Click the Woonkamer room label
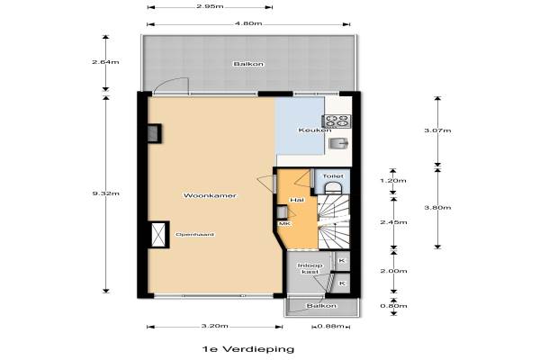tap(210, 195)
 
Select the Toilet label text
tap(333, 176)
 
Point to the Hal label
tap(297, 200)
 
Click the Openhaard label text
tap(195, 235)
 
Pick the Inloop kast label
tap(310, 268)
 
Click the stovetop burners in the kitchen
tap(337, 121)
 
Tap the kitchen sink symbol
tap(338, 142)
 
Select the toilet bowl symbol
tap(333, 188)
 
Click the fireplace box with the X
tap(158, 235)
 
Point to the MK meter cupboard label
tap(284, 223)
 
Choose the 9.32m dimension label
tap(105, 193)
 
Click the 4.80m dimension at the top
tap(248, 23)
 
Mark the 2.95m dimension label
tap(210, 6)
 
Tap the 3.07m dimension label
tap(437, 130)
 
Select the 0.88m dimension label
tap(330, 326)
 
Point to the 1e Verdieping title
tap(248, 349)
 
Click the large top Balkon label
tap(248, 64)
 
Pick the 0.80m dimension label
tap(393, 306)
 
